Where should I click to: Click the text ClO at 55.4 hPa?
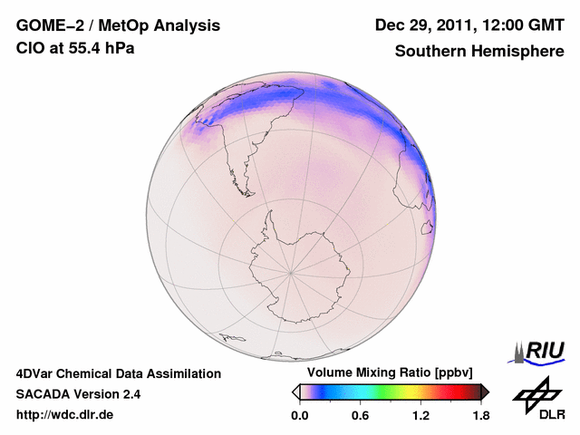75,48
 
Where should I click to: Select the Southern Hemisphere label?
479,52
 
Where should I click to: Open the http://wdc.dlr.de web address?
65,415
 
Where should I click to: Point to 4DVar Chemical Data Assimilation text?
118,373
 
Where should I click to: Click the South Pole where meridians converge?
291,271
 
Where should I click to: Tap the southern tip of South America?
243,191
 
